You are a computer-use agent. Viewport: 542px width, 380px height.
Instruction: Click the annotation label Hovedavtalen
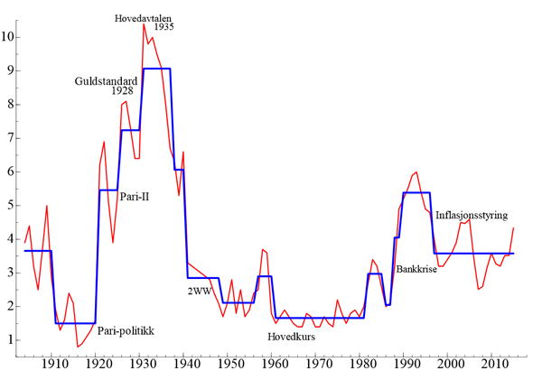147,17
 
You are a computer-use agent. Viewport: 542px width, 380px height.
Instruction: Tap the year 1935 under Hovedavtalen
164,27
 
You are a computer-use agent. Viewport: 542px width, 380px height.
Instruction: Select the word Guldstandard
106,80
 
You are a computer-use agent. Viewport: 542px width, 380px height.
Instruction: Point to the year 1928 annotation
123,91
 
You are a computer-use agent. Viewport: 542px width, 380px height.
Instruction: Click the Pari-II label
134,197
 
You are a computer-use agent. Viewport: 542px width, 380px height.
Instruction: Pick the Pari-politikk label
126,331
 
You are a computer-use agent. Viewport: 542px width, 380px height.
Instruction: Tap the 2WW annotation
199,291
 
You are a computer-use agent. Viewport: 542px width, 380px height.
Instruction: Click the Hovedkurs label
292,337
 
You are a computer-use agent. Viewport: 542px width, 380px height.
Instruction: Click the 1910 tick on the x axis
54,364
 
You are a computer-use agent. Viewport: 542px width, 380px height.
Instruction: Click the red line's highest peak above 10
143,23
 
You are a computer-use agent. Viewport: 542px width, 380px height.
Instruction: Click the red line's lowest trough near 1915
77,347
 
